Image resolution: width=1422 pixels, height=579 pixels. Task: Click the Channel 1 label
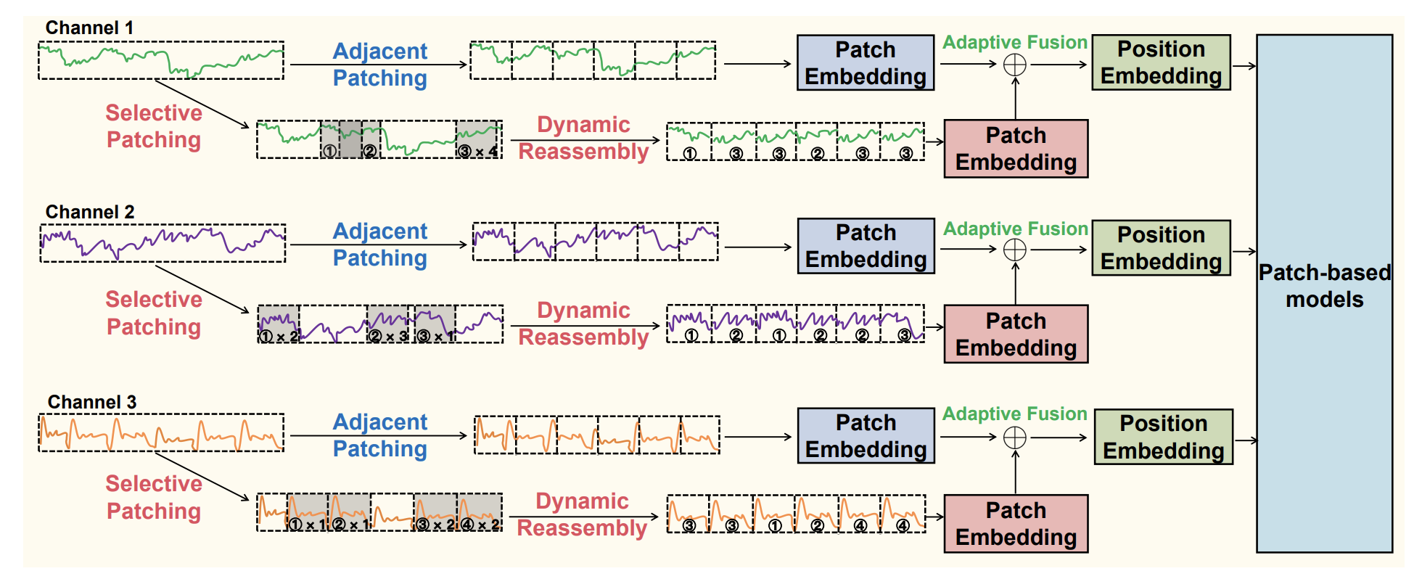[x=89, y=28]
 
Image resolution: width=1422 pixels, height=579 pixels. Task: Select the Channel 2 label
[x=90, y=212]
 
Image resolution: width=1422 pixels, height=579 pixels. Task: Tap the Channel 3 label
[x=92, y=402]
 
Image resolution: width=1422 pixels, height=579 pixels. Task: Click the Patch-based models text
[x=1324, y=286]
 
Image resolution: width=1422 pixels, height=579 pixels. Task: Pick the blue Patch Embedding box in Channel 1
[x=865, y=63]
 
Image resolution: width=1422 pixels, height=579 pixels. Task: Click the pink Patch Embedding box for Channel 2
[x=1016, y=334]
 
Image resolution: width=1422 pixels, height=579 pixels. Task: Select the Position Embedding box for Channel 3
[x=1163, y=437]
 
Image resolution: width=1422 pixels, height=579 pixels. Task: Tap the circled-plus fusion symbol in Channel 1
[x=1014, y=65]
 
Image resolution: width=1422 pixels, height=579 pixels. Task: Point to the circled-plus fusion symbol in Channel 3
[x=1014, y=438]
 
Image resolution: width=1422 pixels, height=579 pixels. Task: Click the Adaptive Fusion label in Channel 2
[x=1015, y=229]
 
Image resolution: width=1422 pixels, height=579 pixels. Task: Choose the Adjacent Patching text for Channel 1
[x=379, y=65]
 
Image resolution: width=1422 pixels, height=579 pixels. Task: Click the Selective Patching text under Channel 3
[x=154, y=497]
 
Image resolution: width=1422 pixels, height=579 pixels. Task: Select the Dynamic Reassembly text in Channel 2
[x=583, y=324]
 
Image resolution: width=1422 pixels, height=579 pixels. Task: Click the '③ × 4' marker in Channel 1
[x=478, y=152]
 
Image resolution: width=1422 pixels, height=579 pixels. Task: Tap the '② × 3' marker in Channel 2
[x=388, y=337]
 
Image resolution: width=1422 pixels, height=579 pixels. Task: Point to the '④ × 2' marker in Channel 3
[x=480, y=525]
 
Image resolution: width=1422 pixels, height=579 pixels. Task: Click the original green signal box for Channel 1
[x=161, y=61]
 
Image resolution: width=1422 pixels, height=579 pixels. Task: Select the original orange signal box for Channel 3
[x=161, y=433]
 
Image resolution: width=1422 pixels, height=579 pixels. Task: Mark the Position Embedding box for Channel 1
[x=1161, y=62]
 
